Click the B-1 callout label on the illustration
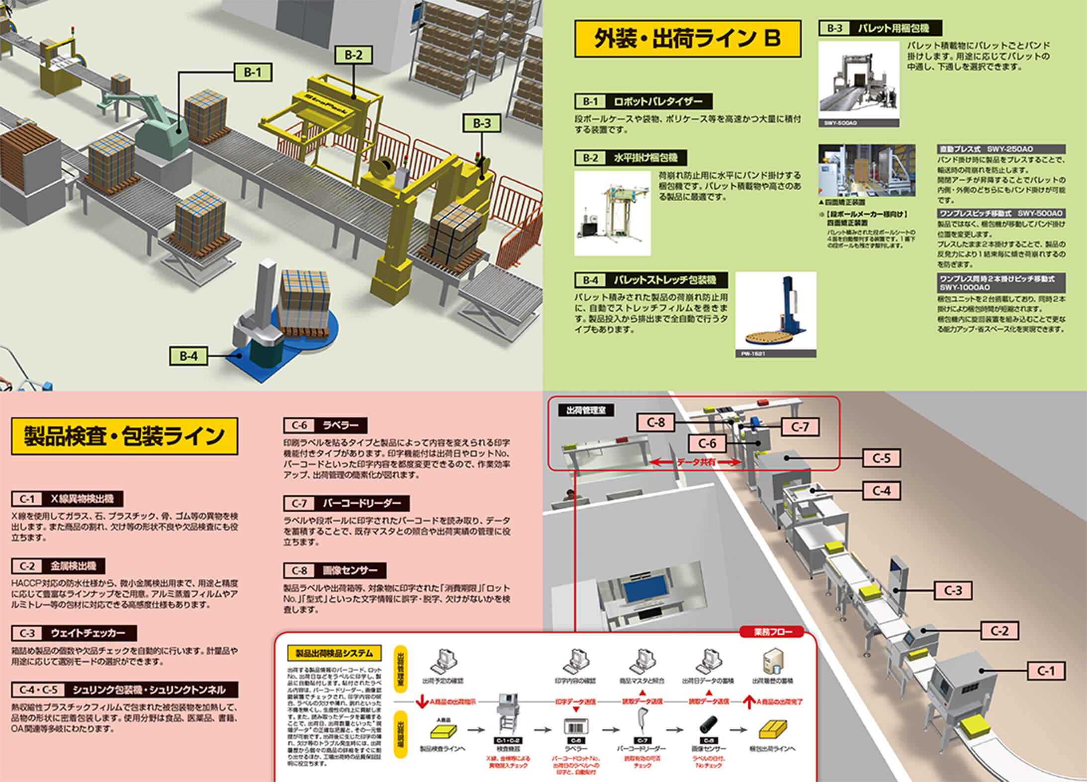253,73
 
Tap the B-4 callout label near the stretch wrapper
188,356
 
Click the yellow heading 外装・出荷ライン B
687,39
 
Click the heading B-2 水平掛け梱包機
630,158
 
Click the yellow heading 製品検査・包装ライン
124,436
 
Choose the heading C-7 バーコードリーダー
346,503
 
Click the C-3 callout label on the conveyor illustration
953,591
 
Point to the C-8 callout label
655,423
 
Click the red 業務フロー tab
772,632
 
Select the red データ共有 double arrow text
696,463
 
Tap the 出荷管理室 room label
586,410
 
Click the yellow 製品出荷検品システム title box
334,653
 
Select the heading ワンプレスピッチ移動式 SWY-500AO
1000,214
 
